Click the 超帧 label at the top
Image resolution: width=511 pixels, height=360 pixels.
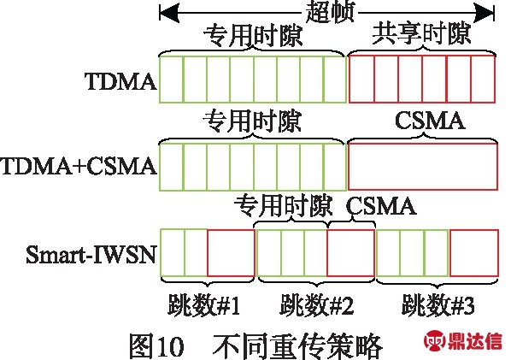[x=330, y=12]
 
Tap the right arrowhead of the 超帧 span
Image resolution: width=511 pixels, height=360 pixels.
[x=485, y=14]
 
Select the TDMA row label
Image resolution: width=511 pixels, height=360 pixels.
[x=120, y=81]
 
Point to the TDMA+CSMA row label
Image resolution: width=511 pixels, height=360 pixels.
[x=79, y=166]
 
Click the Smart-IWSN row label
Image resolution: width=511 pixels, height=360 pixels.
[x=91, y=254]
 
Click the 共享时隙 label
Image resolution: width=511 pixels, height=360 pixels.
[x=422, y=34]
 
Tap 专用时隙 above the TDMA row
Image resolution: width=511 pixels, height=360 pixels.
[x=253, y=35]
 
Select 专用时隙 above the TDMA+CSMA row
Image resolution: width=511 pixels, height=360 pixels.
[x=252, y=121]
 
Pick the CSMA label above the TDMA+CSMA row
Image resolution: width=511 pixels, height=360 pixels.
[x=430, y=121]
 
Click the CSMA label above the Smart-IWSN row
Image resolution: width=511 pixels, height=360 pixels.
[x=381, y=206]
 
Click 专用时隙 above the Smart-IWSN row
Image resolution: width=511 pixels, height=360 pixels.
[x=284, y=205]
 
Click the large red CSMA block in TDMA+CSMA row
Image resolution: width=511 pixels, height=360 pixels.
[x=423, y=167]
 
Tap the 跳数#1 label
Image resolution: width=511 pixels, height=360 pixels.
[x=204, y=305]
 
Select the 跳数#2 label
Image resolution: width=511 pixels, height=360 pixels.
[x=317, y=305]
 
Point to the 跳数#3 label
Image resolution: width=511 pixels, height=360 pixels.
[x=438, y=305]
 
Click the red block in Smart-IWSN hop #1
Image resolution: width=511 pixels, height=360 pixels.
[x=231, y=253]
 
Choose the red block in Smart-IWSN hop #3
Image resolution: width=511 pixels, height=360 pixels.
[x=474, y=253]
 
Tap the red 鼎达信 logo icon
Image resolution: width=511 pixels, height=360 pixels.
[x=434, y=341]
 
